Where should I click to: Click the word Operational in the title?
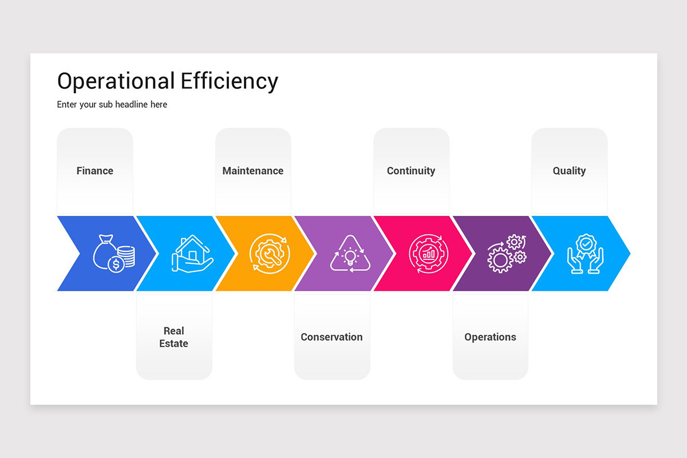click(116, 81)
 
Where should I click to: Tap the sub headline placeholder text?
click(112, 105)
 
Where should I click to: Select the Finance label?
click(95, 171)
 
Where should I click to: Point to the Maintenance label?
click(252, 171)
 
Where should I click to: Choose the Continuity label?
click(411, 171)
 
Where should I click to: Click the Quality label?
click(569, 171)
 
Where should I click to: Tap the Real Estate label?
click(173, 337)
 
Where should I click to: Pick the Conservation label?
click(331, 337)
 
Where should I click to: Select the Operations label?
click(490, 337)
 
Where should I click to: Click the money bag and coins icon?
click(114, 254)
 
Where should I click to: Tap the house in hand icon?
click(192, 254)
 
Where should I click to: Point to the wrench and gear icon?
click(270, 254)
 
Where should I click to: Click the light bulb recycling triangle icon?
click(350, 254)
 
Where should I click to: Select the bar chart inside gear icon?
click(428, 254)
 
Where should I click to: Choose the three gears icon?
click(507, 254)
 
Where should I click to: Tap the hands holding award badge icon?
click(586, 254)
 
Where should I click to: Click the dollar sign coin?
click(116, 264)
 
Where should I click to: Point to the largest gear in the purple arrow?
click(500, 260)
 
